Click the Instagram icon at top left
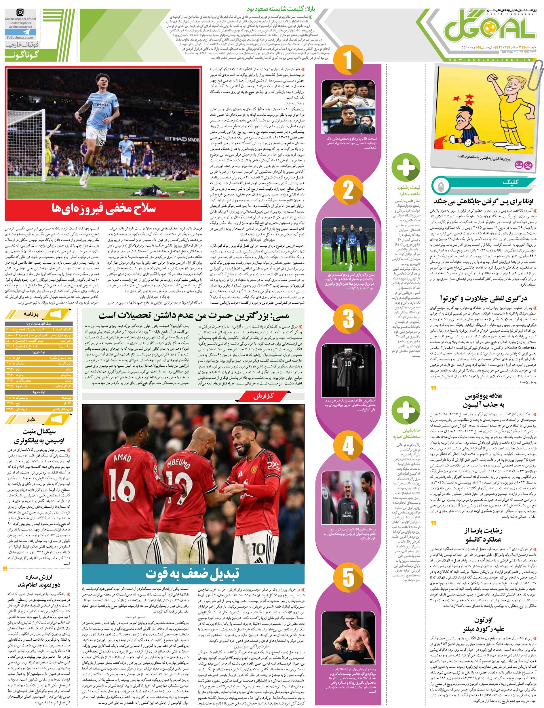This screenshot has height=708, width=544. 20,13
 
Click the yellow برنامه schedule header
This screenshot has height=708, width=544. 39,314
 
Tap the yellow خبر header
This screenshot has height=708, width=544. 39,420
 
